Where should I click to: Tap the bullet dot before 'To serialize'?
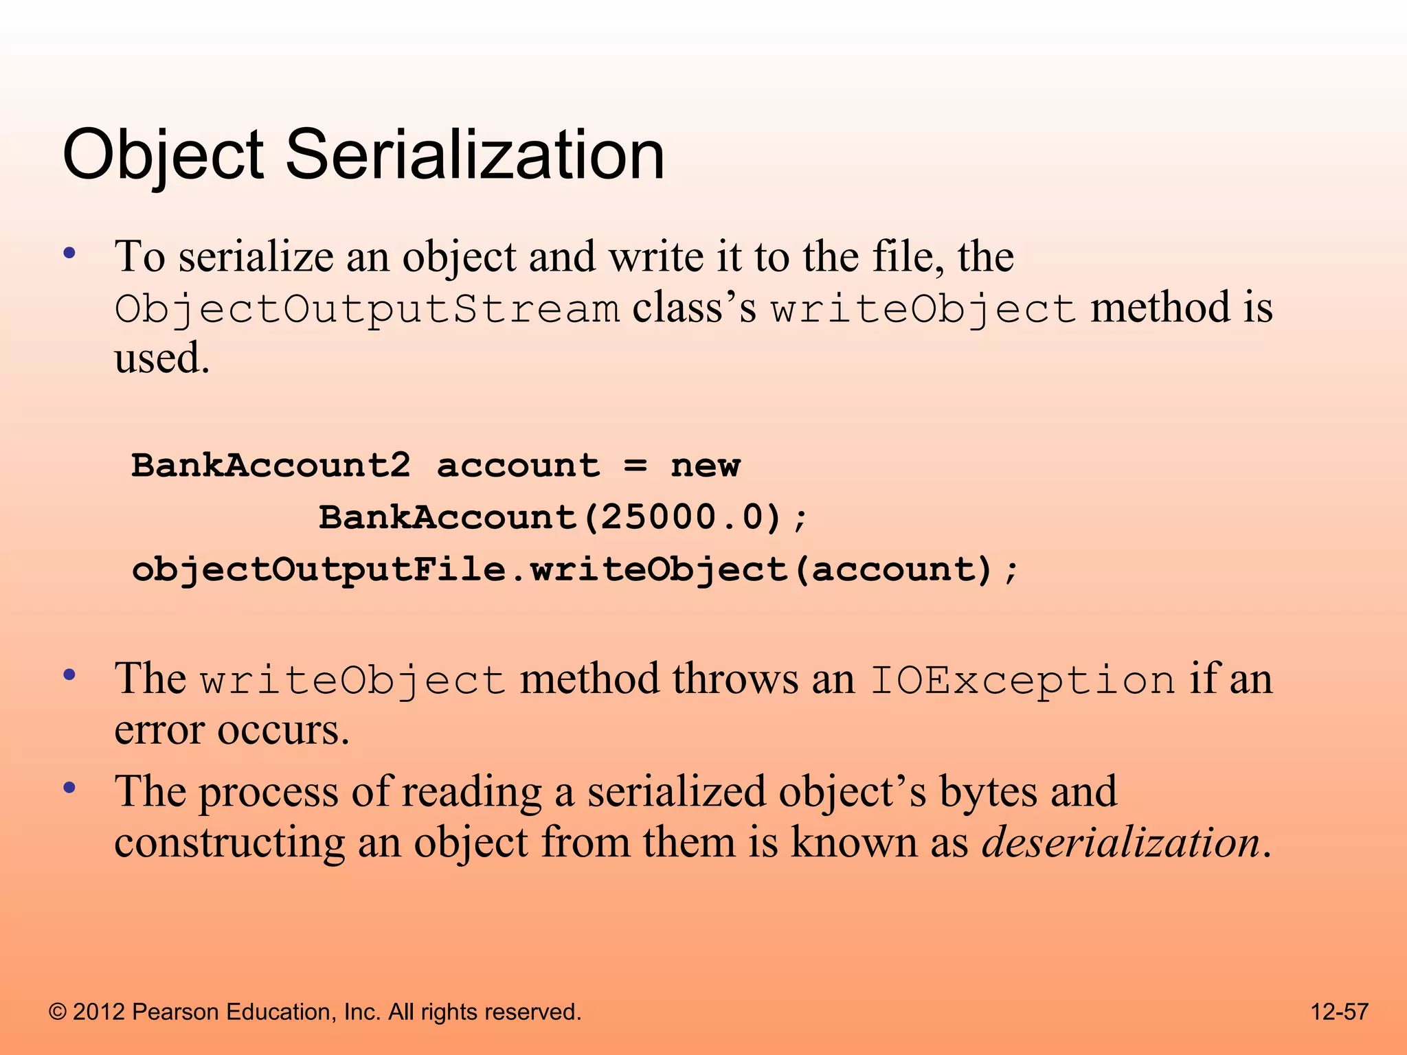point(69,253)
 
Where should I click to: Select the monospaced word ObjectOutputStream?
point(367,309)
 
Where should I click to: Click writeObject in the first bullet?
point(923,309)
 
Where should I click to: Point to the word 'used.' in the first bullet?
point(162,359)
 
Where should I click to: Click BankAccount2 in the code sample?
point(271,466)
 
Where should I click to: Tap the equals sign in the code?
point(635,466)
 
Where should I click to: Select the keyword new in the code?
point(706,466)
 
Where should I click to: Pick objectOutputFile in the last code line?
point(319,569)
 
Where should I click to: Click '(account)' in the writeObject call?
point(894,569)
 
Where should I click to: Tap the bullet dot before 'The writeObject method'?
point(69,676)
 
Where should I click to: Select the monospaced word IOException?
point(1023,681)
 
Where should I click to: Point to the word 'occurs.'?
point(284,730)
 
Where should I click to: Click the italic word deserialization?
point(1121,842)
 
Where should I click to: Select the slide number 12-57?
point(1340,1012)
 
